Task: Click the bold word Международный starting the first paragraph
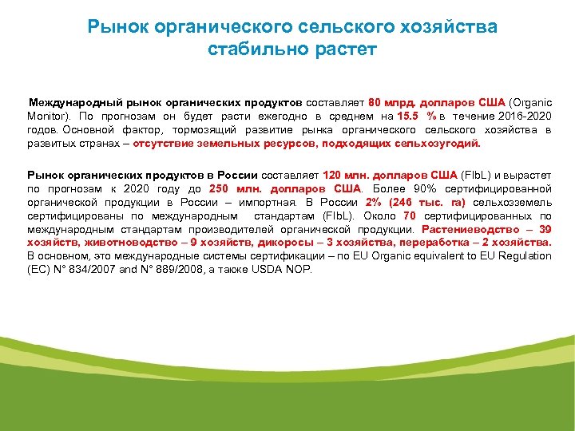tap(69, 103)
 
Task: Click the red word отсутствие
tap(165, 144)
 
